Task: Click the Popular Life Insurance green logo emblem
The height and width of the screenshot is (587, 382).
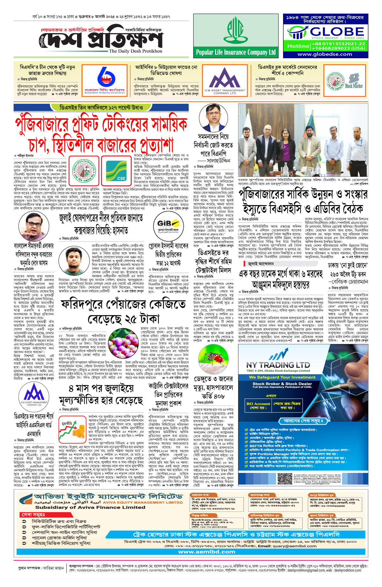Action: point(236,31)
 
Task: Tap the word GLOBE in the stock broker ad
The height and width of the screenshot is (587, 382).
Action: point(337,32)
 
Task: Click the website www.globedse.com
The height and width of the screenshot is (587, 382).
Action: point(325,54)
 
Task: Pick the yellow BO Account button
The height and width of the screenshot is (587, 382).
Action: point(258,405)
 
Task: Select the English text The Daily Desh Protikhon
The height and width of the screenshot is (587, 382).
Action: point(135,51)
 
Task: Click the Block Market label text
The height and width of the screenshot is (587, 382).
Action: point(354,86)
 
